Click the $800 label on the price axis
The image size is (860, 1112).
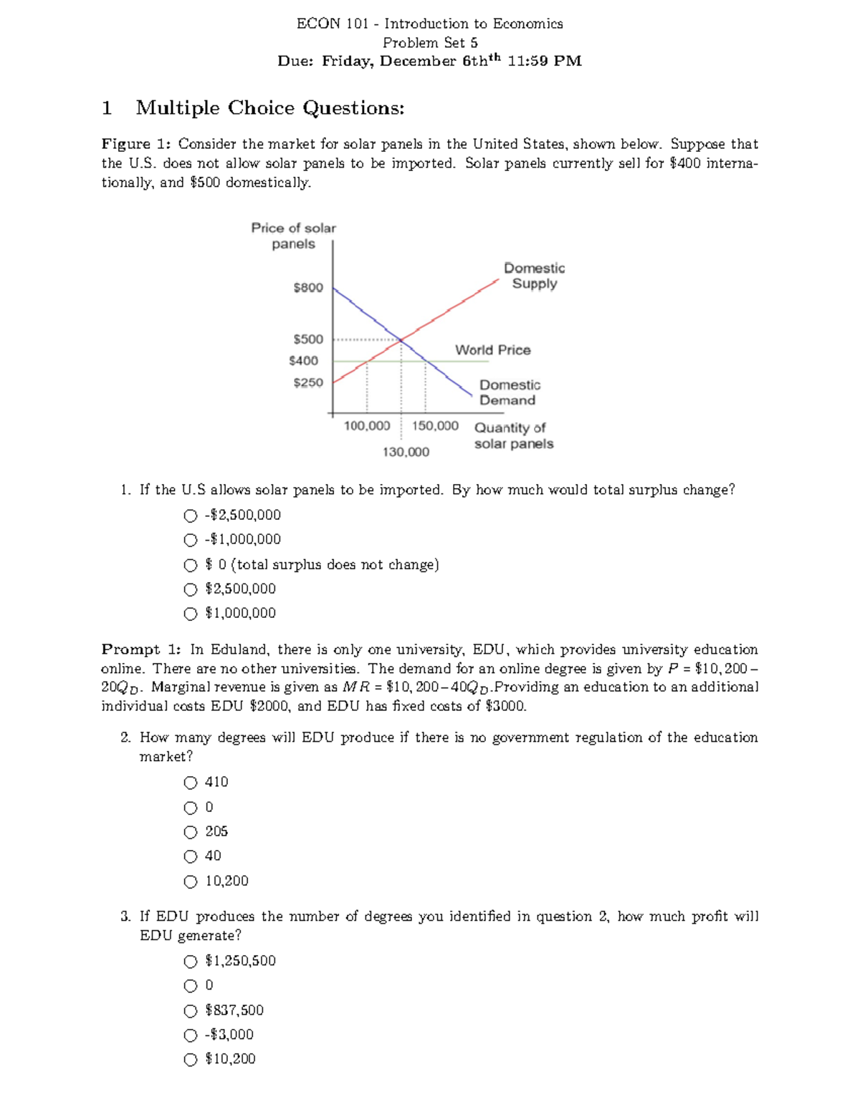coord(308,287)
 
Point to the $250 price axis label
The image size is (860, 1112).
coord(308,382)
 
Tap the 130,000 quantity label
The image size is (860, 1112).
coord(406,452)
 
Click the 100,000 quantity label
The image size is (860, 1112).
coord(367,426)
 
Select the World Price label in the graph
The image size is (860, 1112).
coord(493,350)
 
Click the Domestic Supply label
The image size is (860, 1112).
coord(534,276)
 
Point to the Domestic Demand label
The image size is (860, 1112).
coord(509,392)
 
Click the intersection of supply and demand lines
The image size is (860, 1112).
coord(401,339)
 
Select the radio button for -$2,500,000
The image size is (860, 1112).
coord(190,516)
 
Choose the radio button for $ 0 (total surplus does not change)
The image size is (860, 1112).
coord(190,565)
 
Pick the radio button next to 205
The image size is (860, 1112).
coord(190,832)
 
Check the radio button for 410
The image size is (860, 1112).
coord(190,782)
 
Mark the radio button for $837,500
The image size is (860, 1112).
coord(190,1010)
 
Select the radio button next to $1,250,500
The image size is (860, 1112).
coord(190,961)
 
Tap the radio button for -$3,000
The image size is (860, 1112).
coord(190,1035)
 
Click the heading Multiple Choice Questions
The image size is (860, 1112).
coord(270,108)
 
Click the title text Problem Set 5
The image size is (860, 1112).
coord(430,43)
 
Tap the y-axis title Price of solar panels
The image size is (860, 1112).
coord(293,236)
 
